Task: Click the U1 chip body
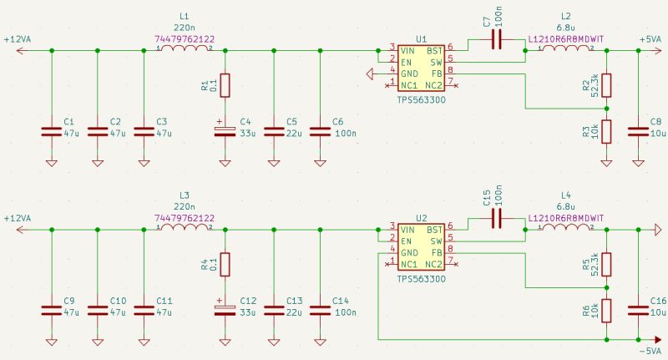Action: [x=421, y=68]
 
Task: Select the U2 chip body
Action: [x=421, y=246]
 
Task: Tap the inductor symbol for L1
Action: [x=185, y=50]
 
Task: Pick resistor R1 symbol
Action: [x=224, y=86]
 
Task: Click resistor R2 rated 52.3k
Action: [x=606, y=85]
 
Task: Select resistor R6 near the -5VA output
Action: [x=606, y=311]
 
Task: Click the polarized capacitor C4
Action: [x=224, y=131]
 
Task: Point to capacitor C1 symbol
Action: [x=52, y=131]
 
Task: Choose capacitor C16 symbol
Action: [x=639, y=310]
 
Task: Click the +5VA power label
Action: [x=651, y=39]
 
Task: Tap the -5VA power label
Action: [x=651, y=352]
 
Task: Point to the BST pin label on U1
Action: [x=434, y=50]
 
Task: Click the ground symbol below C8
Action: [x=639, y=162]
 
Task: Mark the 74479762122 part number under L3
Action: [x=185, y=218]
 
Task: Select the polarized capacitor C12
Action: [x=224, y=310]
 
